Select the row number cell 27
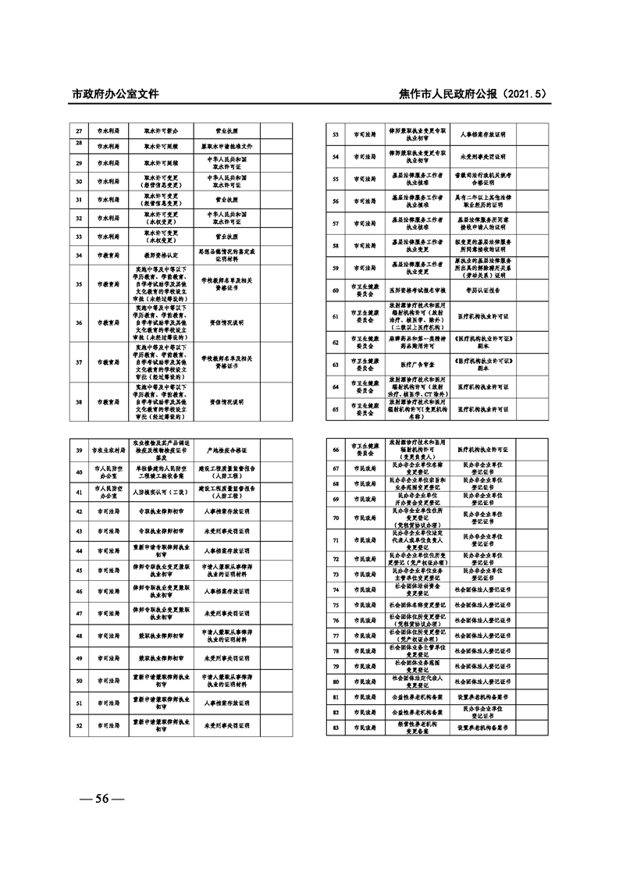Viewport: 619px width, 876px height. point(78,131)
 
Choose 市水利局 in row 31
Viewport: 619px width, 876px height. point(108,200)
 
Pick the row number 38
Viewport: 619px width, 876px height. point(78,402)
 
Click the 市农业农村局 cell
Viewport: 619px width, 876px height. point(108,450)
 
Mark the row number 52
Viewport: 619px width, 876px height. point(78,725)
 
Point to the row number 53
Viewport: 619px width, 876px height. point(335,135)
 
